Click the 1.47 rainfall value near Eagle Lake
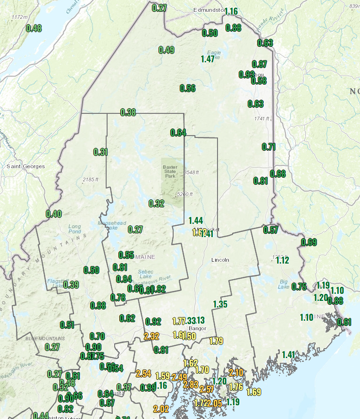pos(208,59)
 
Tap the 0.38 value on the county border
pos(128,112)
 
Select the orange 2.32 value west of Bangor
pos(151,336)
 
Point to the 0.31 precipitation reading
pos(100,152)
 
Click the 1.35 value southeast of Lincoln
pos(220,304)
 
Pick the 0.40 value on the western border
pos(54,214)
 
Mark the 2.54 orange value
pos(143,374)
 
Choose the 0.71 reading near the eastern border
pos(268,147)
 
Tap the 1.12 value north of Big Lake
pos(282,260)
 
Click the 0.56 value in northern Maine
pos(187,88)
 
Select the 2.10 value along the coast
pos(236,372)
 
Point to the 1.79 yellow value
pos(216,341)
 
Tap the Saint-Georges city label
pos(26,166)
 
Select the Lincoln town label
pos(220,260)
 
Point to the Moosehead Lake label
pos(107,225)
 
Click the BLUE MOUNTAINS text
pos(46,339)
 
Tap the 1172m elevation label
pos(19,17)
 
